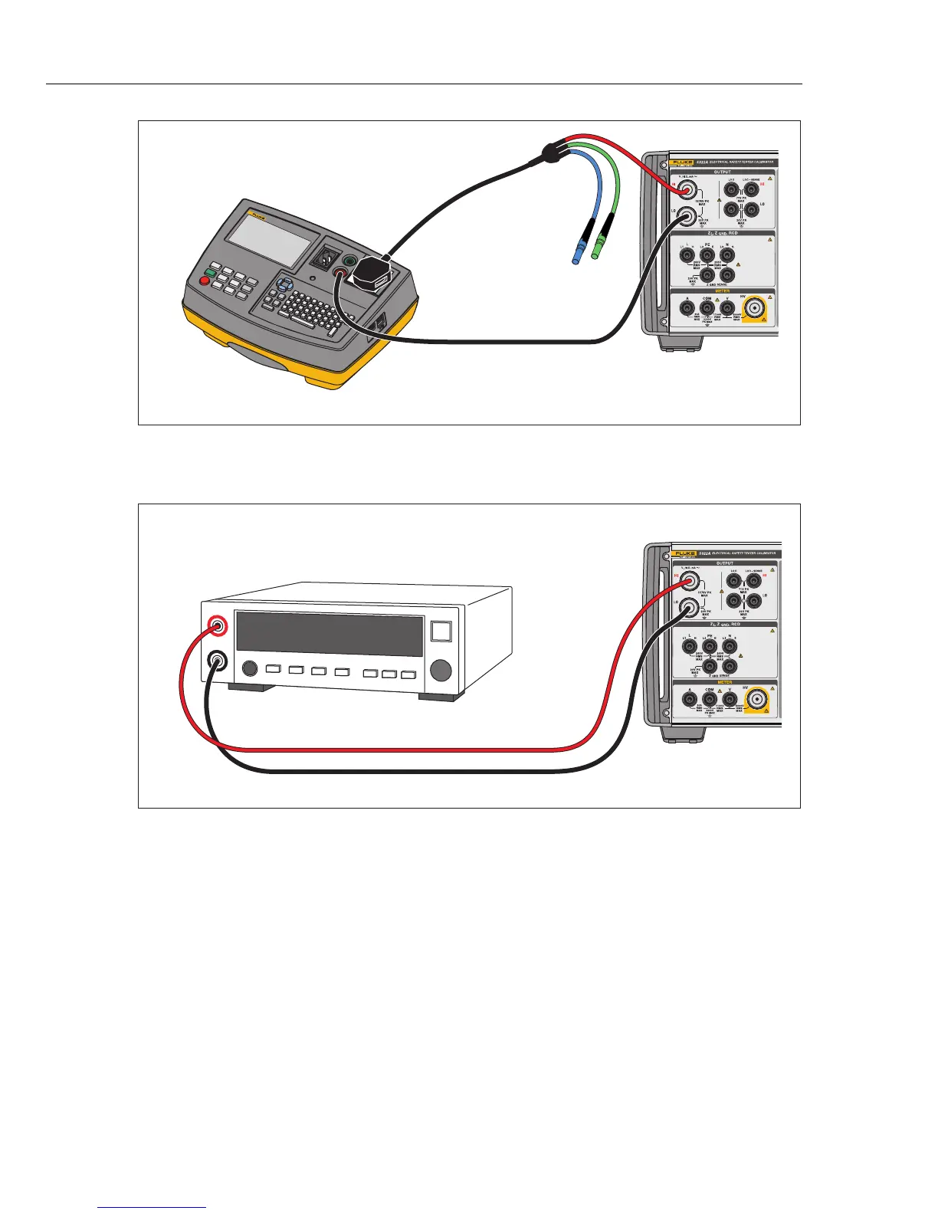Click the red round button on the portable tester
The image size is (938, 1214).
[x=205, y=281]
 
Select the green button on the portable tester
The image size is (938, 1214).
[x=210, y=272]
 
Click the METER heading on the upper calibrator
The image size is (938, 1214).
[x=723, y=292]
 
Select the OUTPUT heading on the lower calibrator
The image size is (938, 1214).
[x=724, y=563]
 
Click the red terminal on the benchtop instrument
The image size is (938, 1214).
[x=218, y=626]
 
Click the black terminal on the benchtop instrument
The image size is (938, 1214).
[x=218, y=660]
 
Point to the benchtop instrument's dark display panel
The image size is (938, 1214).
[x=330, y=634]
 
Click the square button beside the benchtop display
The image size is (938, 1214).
[x=441, y=631]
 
